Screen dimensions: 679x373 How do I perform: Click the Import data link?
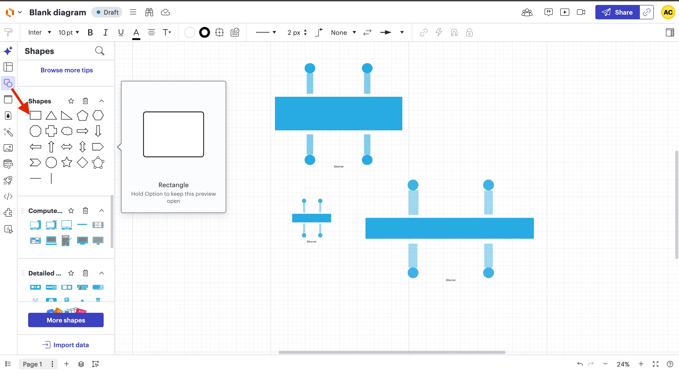[66, 345]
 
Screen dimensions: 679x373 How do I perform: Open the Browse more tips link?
[67, 70]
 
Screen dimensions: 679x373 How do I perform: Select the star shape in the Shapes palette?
[67, 162]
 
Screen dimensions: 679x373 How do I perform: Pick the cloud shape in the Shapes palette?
[67, 131]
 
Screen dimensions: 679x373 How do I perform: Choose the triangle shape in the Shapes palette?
[51, 115]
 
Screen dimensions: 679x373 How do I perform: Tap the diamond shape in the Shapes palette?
[82, 162]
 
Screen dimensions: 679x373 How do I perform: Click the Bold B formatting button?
[90, 32]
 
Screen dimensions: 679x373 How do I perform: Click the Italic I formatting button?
[105, 32]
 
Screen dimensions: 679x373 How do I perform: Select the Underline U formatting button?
[121, 32]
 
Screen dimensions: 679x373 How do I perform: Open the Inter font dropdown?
[40, 32]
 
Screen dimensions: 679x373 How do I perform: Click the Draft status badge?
[107, 12]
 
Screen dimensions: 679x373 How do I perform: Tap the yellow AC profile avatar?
[668, 12]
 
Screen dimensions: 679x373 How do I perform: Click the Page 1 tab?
[32, 364]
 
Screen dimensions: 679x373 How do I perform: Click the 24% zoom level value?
[623, 364]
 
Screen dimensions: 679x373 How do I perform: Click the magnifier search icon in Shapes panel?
[100, 51]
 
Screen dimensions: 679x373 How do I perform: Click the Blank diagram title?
[58, 12]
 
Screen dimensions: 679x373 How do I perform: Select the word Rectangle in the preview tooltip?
[173, 185]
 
